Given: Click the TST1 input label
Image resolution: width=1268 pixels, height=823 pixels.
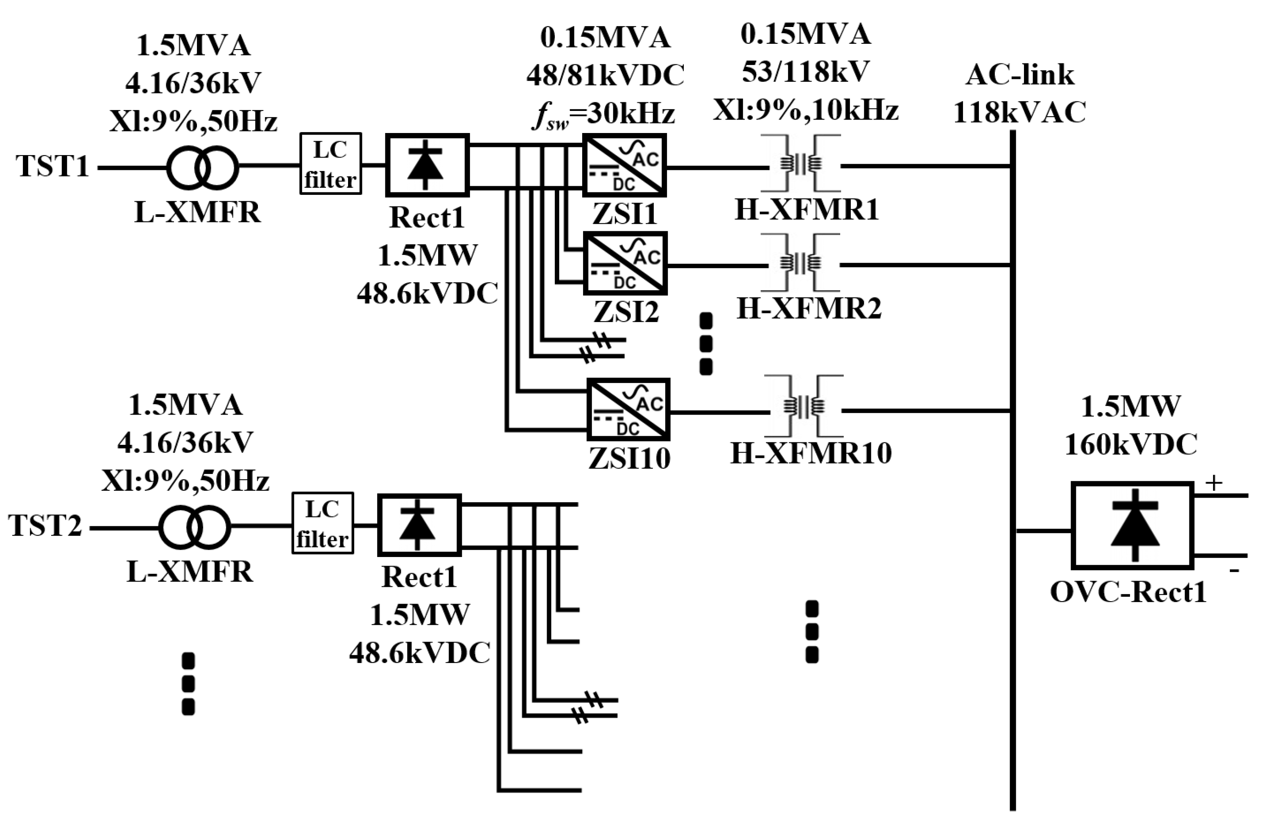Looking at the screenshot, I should (52, 166).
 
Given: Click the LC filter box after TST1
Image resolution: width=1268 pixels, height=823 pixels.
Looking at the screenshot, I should (330, 164).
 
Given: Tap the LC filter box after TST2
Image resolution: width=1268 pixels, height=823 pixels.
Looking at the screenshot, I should (322, 523).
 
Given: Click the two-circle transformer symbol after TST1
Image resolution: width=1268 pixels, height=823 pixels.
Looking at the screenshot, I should (202, 168).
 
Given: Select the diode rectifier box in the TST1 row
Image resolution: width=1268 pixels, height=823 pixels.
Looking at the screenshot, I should (427, 165).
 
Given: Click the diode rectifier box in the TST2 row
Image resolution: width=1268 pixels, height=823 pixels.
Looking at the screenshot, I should (419, 525).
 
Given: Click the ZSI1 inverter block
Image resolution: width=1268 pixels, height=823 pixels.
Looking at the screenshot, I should (624, 165).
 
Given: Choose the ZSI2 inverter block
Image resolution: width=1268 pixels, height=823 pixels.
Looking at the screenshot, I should (626, 263).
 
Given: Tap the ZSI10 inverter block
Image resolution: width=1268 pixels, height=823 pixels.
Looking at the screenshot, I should (628, 409).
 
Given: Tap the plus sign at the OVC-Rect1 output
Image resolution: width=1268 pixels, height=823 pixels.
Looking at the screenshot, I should (1214, 483).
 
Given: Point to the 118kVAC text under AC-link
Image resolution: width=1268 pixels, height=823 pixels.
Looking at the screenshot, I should (1019, 113).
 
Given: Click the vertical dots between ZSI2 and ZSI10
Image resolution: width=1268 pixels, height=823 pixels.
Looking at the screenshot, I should (705, 344).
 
